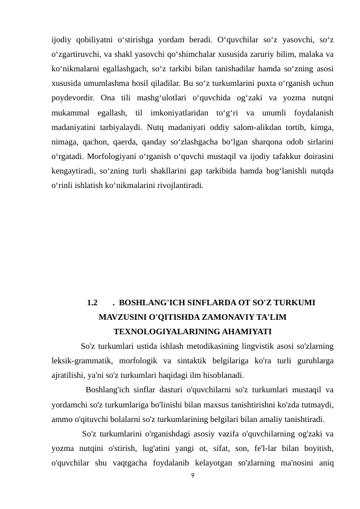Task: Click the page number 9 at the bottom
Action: pyautogui.click(x=191, y=478)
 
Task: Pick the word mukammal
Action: pyautogui.click(x=71, y=112)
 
